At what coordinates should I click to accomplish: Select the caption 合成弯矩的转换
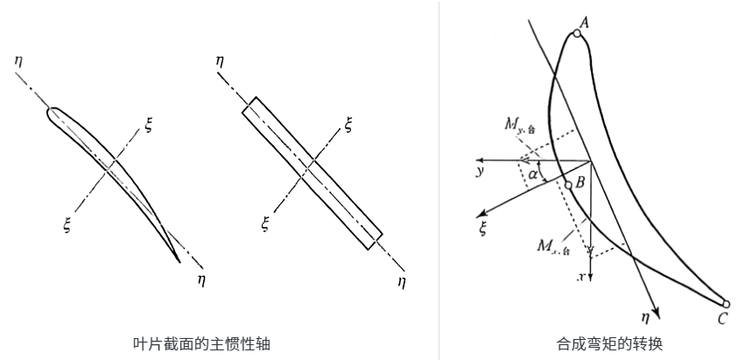point(596,343)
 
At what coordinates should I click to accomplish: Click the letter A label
point(584,24)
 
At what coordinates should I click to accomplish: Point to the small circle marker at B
point(568,185)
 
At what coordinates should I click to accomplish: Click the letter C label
point(721,320)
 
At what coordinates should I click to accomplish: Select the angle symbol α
point(533,174)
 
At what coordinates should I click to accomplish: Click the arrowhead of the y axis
point(480,160)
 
